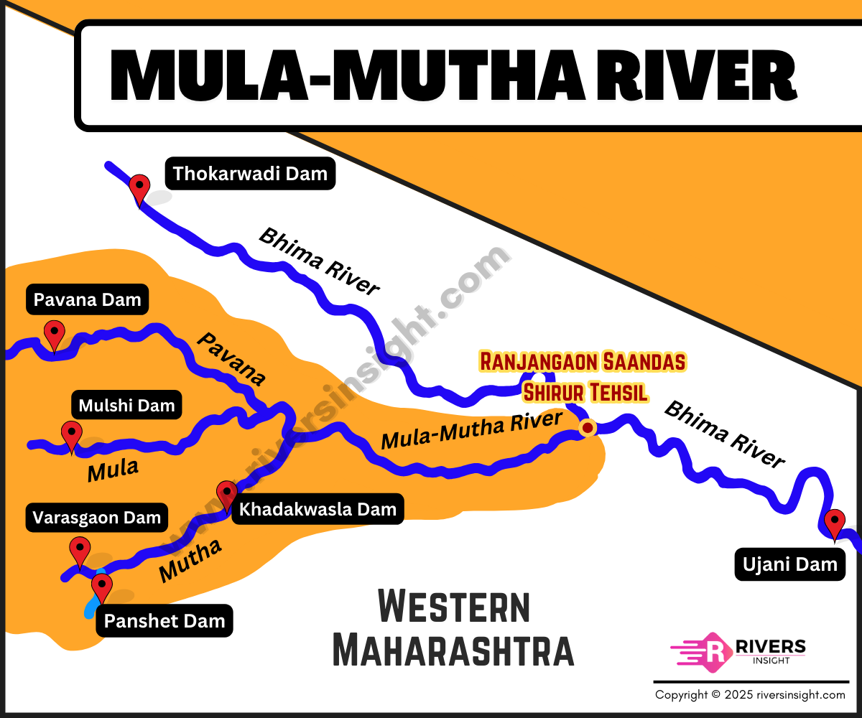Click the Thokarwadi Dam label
(x=250, y=173)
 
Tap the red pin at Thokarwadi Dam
(x=139, y=188)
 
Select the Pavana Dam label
(x=87, y=299)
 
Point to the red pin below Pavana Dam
(x=54, y=334)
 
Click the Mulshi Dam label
(x=126, y=406)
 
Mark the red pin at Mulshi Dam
(x=71, y=435)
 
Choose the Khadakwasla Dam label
(x=318, y=510)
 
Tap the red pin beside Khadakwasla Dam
(x=226, y=495)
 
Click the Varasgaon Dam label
(x=97, y=518)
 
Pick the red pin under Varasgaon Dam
(x=79, y=551)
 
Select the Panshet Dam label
(x=164, y=621)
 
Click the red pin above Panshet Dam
(x=101, y=587)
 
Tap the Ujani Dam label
(x=789, y=564)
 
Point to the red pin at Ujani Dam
(x=834, y=523)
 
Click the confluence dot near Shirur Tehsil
(x=588, y=429)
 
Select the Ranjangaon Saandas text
(x=583, y=361)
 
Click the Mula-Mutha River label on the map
(x=471, y=430)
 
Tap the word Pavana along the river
(x=231, y=359)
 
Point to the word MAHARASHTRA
(x=453, y=650)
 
